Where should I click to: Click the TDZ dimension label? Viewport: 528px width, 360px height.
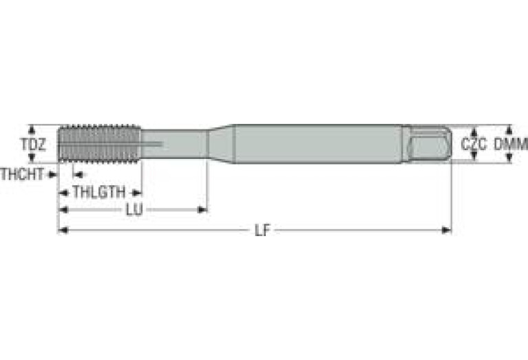coord(32,145)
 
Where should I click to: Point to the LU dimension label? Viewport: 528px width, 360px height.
coord(134,210)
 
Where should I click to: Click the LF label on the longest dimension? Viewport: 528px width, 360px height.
coord(262,231)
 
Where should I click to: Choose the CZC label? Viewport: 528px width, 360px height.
coord(474,145)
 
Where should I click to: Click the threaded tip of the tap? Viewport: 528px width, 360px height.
coord(100,144)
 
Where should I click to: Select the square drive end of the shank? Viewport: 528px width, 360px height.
coord(428,144)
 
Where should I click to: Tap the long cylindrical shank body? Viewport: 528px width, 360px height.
coord(317,144)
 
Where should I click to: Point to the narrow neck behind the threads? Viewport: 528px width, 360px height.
coord(176,144)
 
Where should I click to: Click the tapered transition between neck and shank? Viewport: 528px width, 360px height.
coord(220,144)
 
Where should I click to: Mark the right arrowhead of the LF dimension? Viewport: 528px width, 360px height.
coord(447,231)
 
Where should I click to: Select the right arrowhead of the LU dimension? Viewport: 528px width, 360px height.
coord(203,210)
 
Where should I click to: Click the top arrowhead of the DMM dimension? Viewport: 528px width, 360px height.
coord(509,129)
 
